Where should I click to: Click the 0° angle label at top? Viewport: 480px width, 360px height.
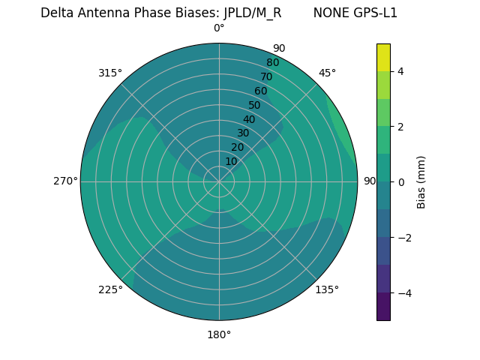(x=219, y=28)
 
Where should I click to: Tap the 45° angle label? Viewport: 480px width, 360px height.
(x=327, y=73)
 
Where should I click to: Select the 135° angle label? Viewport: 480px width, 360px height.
(x=327, y=289)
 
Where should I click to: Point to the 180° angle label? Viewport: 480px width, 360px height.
(x=219, y=334)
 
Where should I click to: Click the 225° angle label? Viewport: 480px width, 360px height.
(x=110, y=289)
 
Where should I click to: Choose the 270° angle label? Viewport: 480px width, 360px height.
(x=65, y=181)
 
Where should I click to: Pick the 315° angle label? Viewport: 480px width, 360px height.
(x=110, y=73)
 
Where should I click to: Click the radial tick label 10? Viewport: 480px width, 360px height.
(x=231, y=161)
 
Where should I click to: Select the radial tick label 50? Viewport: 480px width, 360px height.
(x=255, y=105)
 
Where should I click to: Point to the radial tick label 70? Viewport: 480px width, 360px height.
(x=266, y=76)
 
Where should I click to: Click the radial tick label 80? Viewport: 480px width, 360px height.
(x=272, y=63)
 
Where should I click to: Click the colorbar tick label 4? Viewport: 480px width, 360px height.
(x=400, y=71)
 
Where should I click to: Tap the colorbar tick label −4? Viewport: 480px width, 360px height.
(x=403, y=293)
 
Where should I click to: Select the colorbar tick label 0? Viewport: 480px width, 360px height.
(x=400, y=182)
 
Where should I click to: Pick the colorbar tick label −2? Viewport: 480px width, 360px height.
(x=403, y=238)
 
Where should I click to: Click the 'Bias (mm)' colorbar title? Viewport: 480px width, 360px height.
(x=421, y=182)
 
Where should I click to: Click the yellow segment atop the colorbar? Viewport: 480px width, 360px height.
(x=383, y=57)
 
